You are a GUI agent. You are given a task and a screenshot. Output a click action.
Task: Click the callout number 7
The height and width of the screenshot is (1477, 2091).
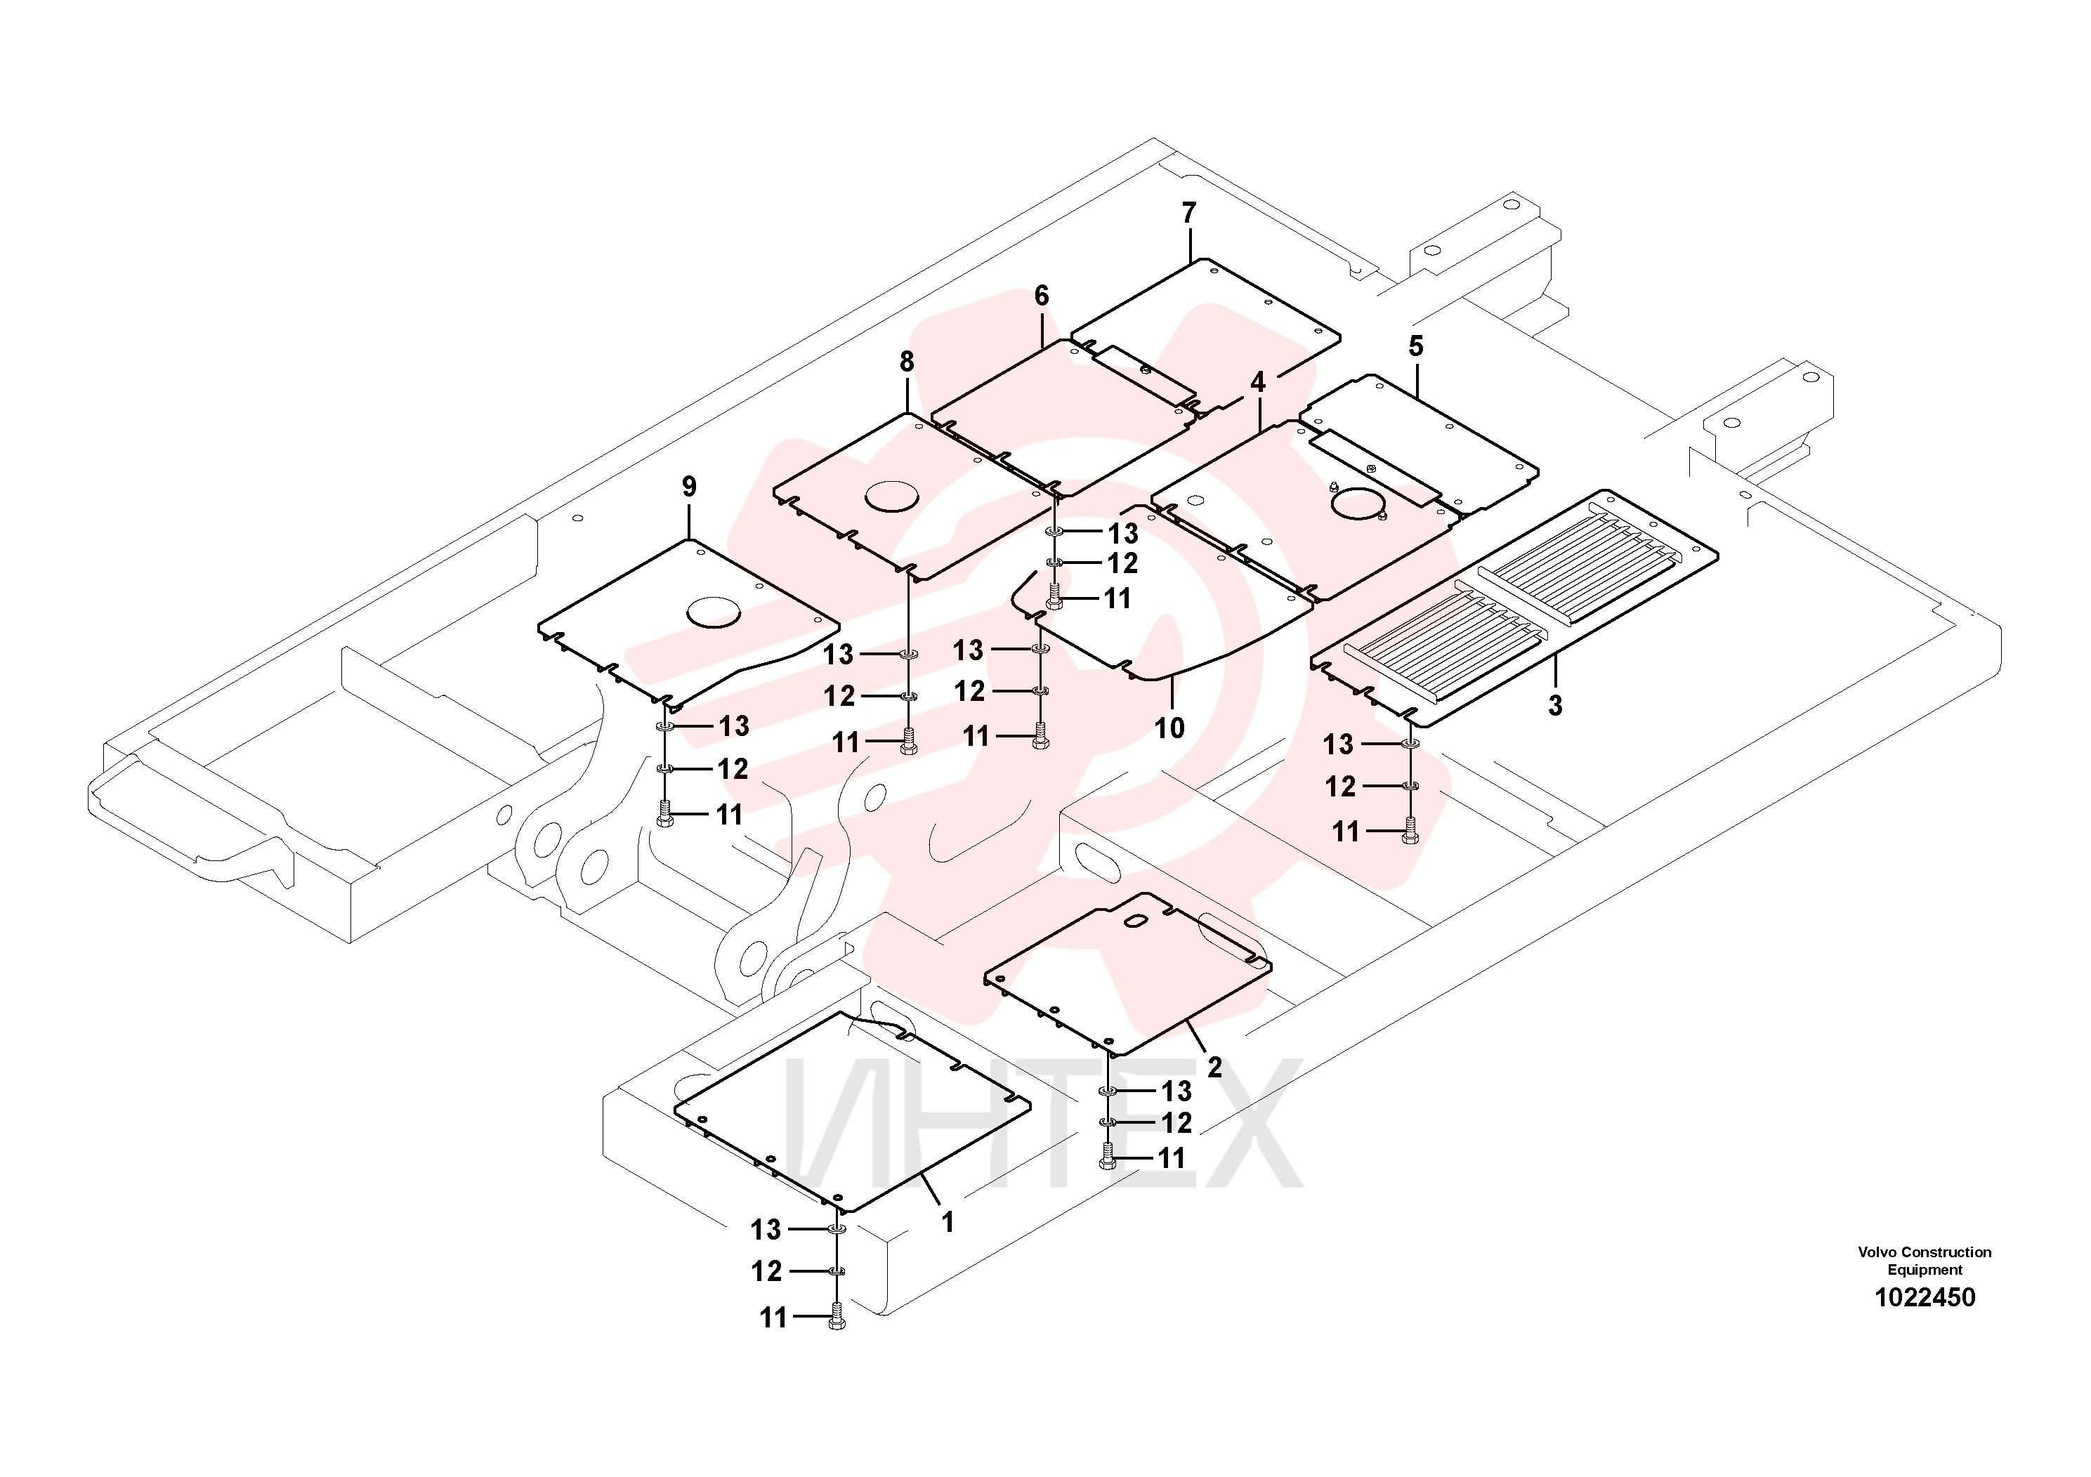click(x=1188, y=213)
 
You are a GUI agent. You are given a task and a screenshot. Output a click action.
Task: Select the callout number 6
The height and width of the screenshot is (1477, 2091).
click(x=1042, y=296)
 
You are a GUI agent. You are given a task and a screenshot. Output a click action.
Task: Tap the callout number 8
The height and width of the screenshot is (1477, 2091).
click(x=906, y=362)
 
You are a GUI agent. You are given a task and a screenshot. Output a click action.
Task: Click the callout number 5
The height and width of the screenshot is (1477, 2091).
click(x=1415, y=346)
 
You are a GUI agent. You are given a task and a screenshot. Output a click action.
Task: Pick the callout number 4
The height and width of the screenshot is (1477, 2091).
click(x=1258, y=383)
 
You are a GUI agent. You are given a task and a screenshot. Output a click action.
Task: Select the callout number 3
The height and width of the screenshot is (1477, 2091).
click(x=1556, y=706)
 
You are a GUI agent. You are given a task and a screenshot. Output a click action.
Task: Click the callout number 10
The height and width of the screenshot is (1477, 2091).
click(x=1170, y=728)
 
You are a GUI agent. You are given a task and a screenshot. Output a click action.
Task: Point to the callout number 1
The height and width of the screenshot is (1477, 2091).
click(x=947, y=1222)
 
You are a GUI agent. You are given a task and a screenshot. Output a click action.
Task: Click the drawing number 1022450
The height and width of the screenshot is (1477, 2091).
click(x=1925, y=1298)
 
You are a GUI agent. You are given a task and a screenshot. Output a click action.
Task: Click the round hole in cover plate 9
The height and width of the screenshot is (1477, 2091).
click(x=715, y=612)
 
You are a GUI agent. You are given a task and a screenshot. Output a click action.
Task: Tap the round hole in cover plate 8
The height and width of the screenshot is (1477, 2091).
click(x=893, y=497)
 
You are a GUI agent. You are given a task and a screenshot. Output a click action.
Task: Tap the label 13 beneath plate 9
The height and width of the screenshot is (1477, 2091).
click(x=734, y=727)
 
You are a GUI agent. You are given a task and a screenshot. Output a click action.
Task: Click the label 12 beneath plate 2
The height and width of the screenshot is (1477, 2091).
click(x=1176, y=1123)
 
